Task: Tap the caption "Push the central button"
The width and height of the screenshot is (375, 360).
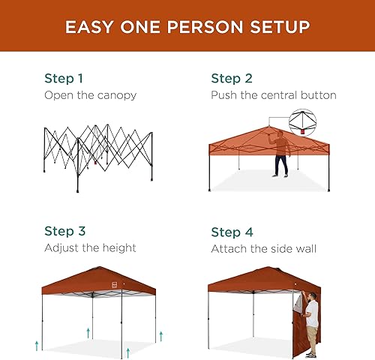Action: (x=273, y=95)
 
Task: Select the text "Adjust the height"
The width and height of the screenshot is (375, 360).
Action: (x=90, y=247)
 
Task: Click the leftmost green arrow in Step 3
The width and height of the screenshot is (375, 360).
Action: (x=36, y=343)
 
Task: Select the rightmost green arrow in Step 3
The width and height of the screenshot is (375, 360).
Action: (x=157, y=331)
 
